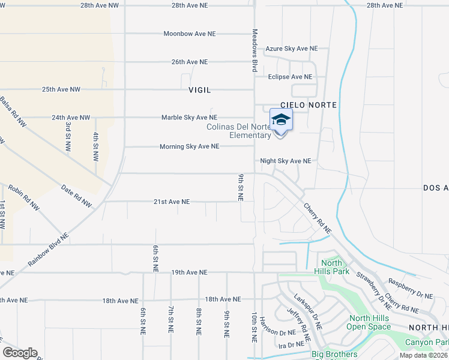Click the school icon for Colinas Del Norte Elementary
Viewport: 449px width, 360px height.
pos(280,121)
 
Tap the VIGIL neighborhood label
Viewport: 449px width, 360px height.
pos(200,90)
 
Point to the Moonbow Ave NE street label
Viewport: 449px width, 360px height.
pos(190,34)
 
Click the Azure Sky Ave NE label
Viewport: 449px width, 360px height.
pos(291,49)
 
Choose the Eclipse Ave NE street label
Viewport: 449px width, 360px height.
pos(290,77)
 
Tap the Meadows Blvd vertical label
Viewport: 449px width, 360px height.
pos(255,44)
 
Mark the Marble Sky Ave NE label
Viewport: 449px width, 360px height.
pos(189,118)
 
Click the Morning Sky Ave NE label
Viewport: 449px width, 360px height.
pos(188,146)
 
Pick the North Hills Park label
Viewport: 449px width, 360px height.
pos(331,267)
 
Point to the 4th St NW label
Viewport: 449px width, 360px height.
pos(95,147)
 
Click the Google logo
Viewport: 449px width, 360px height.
pos(20,353)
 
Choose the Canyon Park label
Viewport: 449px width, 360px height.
pos(427,342)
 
